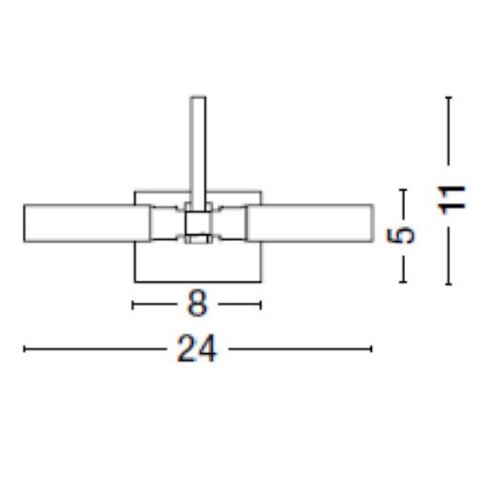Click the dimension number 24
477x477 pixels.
point(197,349)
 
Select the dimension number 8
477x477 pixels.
point(197,303)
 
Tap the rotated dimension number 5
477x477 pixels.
point(401,236)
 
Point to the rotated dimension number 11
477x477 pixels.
point(452,200)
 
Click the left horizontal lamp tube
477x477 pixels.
point(87,224)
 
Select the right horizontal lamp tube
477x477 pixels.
point(310,224)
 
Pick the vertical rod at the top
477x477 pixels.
point(198,154)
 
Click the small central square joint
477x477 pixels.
point(198,223)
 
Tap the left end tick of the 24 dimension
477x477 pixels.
point(24,349)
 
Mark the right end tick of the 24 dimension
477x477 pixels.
point(371,349)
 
